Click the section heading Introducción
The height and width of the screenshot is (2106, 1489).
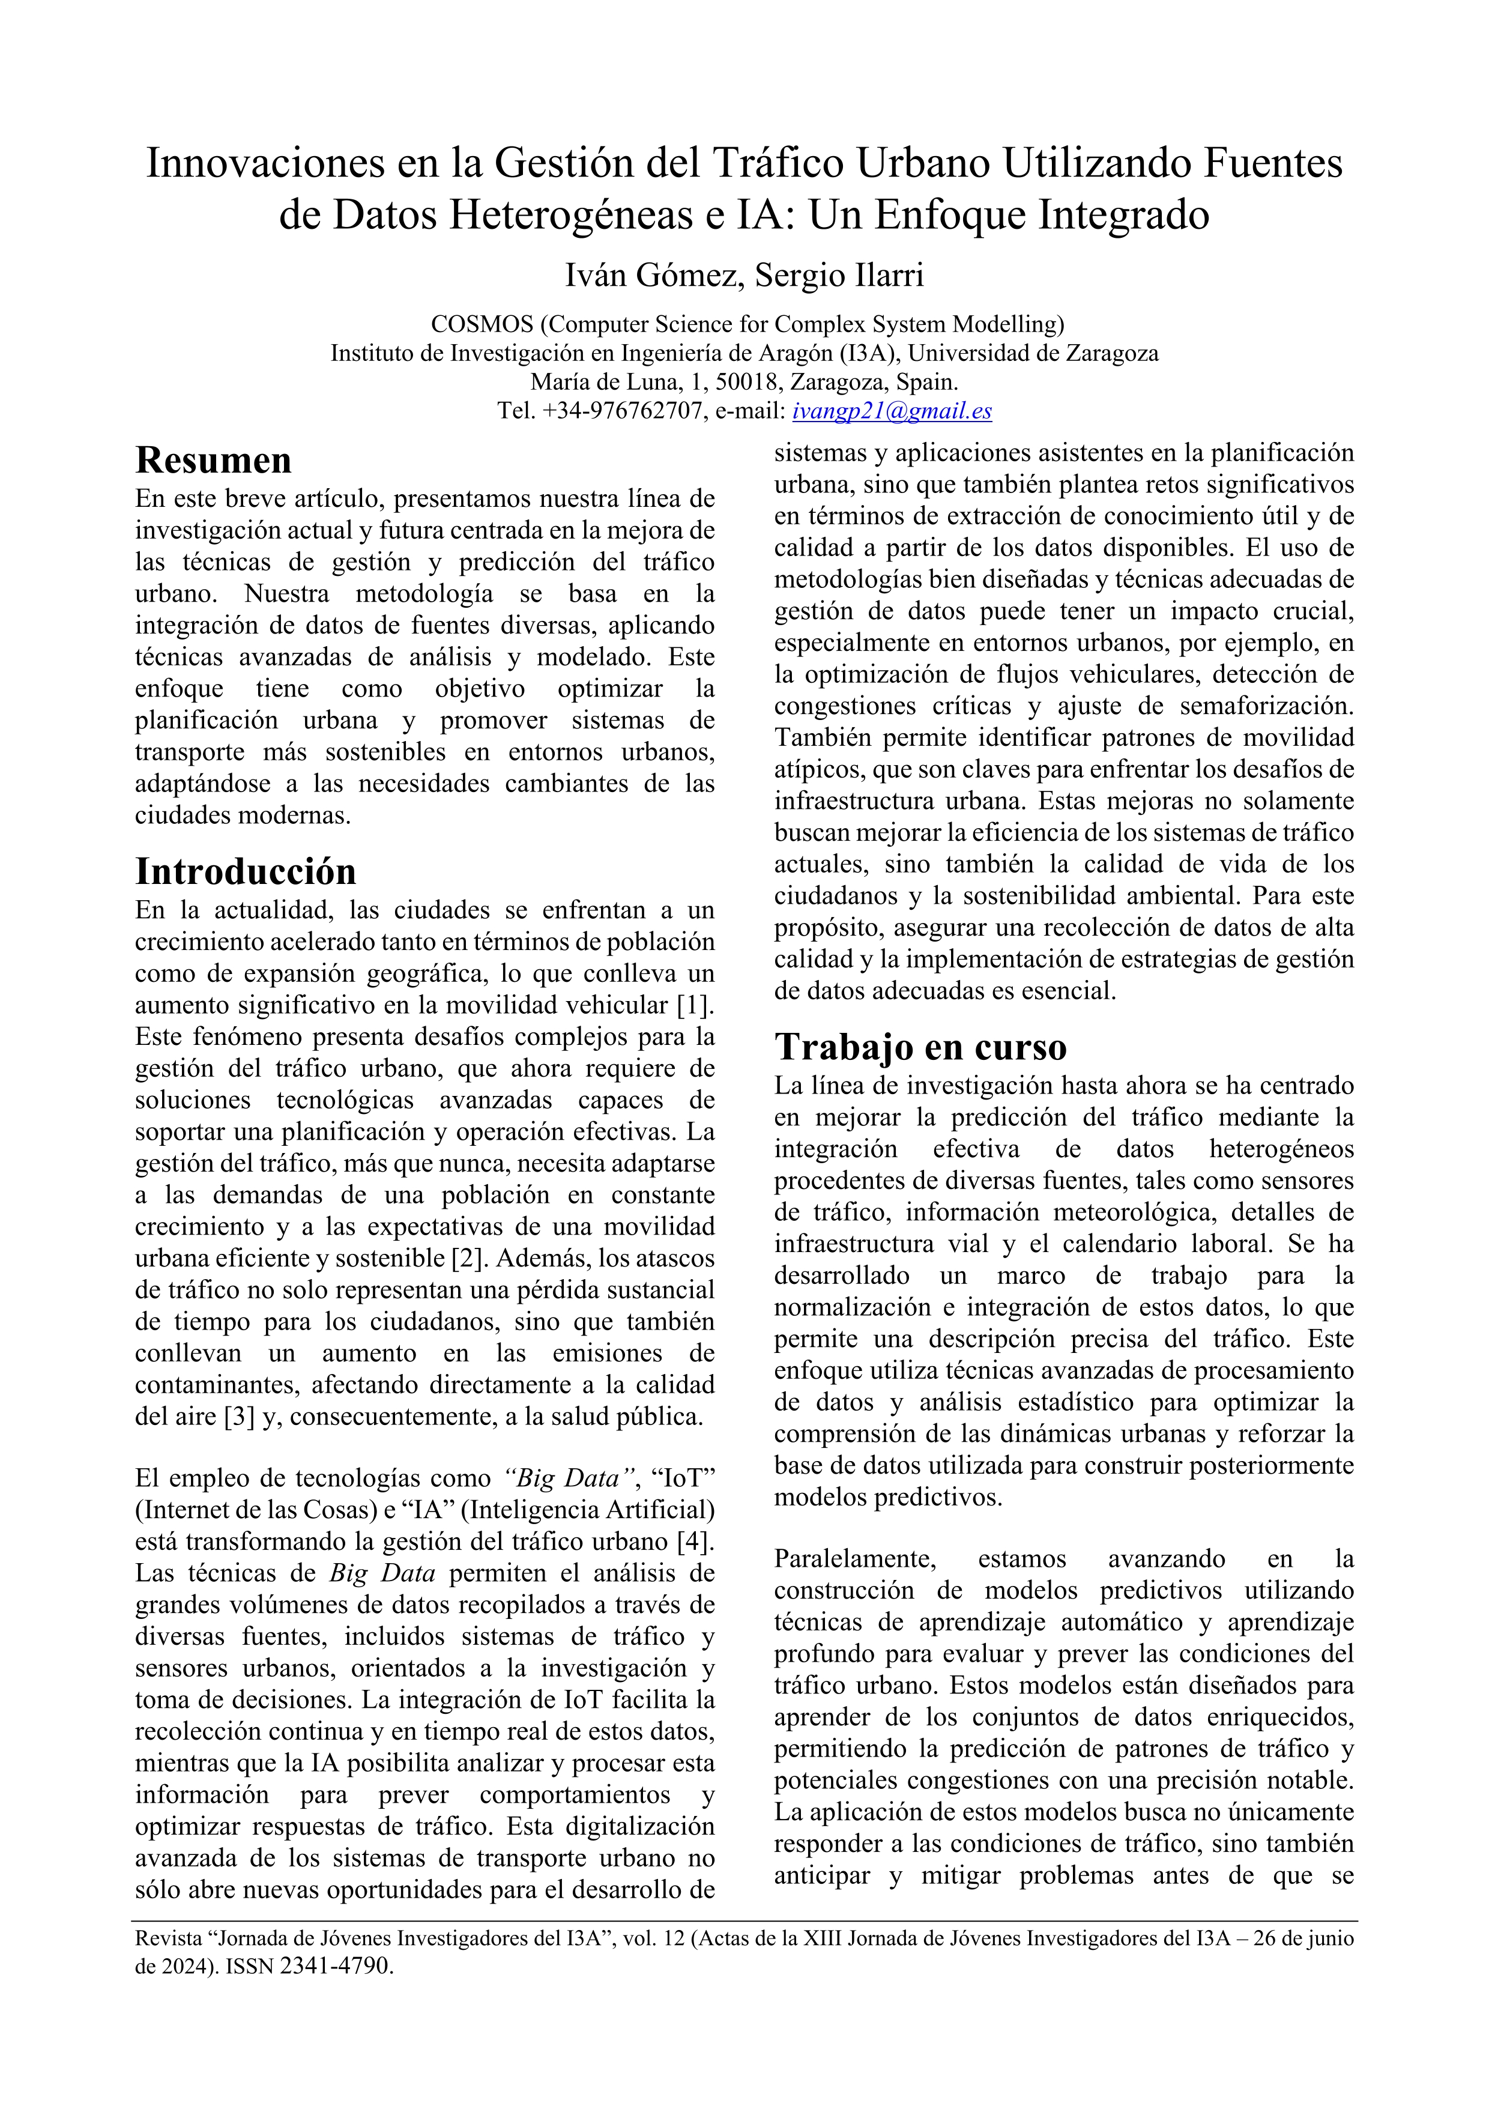(x=246, y=871)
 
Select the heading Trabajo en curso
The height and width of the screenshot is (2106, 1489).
(x=920, y=1047)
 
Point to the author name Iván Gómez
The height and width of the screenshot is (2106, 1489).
(x=652, y=274)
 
